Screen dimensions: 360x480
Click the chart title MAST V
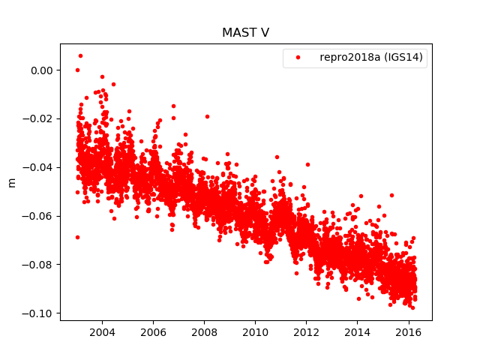pyautogui.click(x=245, y=33)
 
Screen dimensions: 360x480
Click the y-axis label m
pyautogui.click(x=11, y=182)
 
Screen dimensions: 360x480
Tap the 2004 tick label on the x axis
pyautogui.click(x=102, y=332)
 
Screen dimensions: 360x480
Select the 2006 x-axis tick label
pyautogui.click(x=153, y=332)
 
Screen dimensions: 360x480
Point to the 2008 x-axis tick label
pyautogui.click(x=204, y=332)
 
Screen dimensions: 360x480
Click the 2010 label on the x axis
pyautogui.click(x=255, y=332)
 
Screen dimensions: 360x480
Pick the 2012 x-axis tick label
pyautogui.click(x=306, y=332)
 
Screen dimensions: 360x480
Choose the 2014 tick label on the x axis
pyautogui.click(x=357, y=332)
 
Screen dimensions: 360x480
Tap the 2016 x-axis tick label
pyautogui.click(x=408, y=332)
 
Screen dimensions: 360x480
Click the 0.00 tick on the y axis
pyautogui.click(x=42, y=70)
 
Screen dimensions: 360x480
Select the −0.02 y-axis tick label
pyautogui.click(x=39, y=118)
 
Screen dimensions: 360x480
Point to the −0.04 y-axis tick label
pyautogui.click(x=39, y=167)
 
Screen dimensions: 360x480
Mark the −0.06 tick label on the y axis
pyautogui.click(x=39, y=216)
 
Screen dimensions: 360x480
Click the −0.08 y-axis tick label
pyautogui.click(x=39, y=264)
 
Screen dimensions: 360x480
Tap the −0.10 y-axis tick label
pyautogui.click(x=39, y=313)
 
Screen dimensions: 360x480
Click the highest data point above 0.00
pyautogui.click(x=80, y=55)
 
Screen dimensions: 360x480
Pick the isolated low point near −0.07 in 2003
pyautogui.click(x=77, y=237)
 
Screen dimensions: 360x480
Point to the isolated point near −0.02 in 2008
pyautogui.click(x=207, y=116)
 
